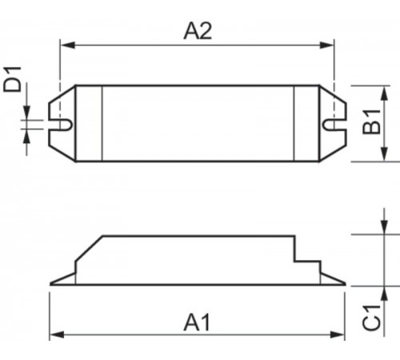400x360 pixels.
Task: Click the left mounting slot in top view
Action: pos(62,124)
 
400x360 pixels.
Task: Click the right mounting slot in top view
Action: pos(330,124)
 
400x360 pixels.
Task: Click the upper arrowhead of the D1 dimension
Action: pos(28,114)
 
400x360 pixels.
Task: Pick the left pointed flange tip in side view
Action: pos(52,283)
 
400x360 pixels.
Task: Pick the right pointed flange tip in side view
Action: pos(344,283)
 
